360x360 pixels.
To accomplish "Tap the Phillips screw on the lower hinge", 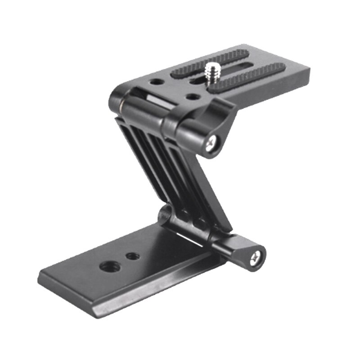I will pos(255,258).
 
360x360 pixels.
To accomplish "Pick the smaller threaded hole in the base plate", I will pos(132,256).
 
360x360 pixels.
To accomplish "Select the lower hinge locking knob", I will pos(243,252).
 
